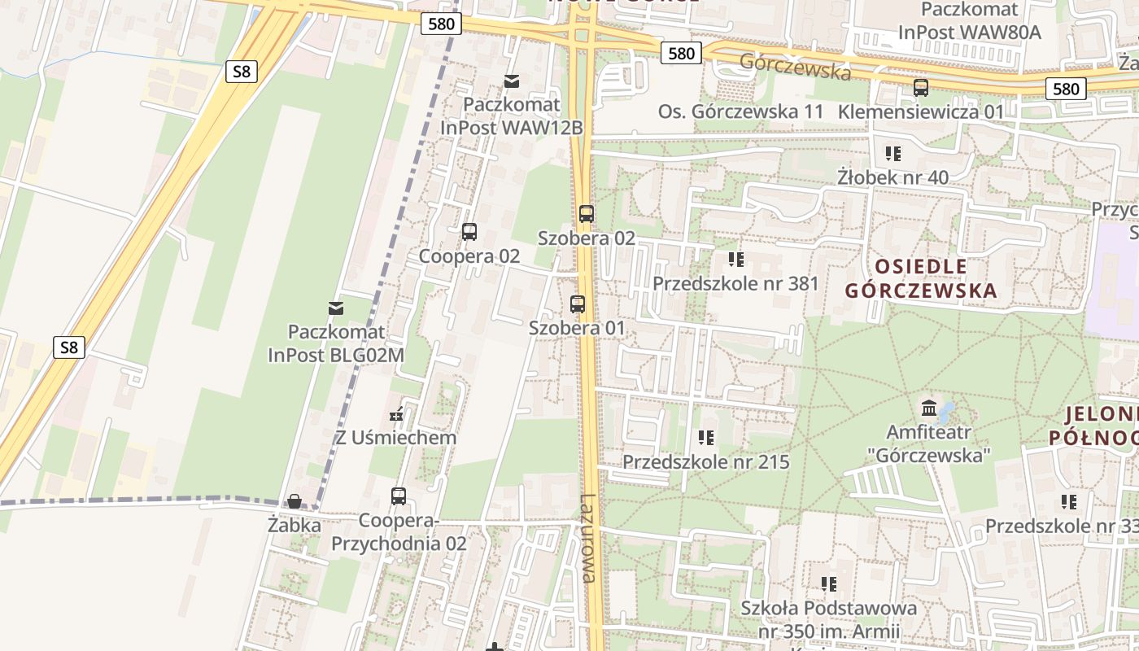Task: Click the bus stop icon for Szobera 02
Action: pos(586,214)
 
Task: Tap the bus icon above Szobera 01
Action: pos(578,304)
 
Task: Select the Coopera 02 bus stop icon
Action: pos(469,232)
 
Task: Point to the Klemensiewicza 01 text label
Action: pos(921,111)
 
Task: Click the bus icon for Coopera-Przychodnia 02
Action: pos(399,496)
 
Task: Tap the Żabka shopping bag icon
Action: pos(294,501)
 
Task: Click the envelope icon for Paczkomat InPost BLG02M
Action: pos(335,308)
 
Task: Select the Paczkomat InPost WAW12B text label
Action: pos(512,116)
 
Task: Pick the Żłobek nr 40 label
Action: pos(892,177)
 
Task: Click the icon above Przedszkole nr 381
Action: pos(736,260)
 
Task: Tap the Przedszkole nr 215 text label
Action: pos(705,462)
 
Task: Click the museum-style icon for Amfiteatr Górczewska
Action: pos(929,407)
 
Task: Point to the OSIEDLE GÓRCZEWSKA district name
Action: pos(920,278)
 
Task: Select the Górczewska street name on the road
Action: pos(795,67)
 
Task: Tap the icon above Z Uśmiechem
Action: pos(397,415)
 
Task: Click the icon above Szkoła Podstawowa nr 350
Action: pos(829,583)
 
